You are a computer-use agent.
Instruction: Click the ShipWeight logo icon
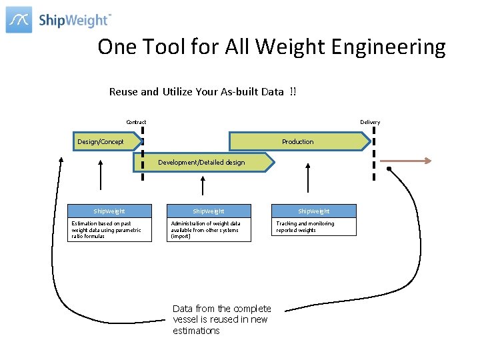tap(19, 19)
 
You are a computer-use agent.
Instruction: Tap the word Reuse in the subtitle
tap(124, 92)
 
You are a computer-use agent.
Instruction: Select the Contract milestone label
tap(136, 122)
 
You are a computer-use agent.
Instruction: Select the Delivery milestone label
tap(370, 122)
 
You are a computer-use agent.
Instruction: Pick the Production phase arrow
tap(299, 141)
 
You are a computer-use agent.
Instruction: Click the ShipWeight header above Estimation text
tap(109, 211)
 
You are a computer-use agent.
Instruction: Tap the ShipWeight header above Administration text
tap(209, 211)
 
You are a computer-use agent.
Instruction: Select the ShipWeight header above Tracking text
tap(313, 211)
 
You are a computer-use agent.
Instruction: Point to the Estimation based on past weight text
tap(107, 230)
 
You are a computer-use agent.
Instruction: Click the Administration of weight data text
tap(207, 230)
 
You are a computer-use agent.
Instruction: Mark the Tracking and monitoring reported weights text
tap(307, 227)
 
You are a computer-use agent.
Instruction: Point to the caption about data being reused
tap(221, 319)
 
